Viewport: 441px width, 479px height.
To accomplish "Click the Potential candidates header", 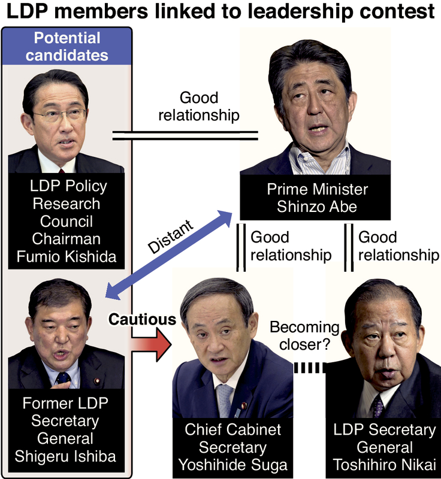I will (67, 47).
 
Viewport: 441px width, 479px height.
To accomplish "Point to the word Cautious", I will (143, 319).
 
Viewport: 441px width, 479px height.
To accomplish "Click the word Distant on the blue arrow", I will (170, 237).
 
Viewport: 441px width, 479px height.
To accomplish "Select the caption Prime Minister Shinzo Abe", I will (317, 198).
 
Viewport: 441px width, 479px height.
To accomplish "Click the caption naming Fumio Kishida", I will (67, 221).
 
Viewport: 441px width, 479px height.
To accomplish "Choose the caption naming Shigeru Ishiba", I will (67, 429).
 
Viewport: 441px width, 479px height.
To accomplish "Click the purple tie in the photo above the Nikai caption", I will (377, 407).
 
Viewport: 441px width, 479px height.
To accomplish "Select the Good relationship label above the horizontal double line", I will (198, 106).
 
